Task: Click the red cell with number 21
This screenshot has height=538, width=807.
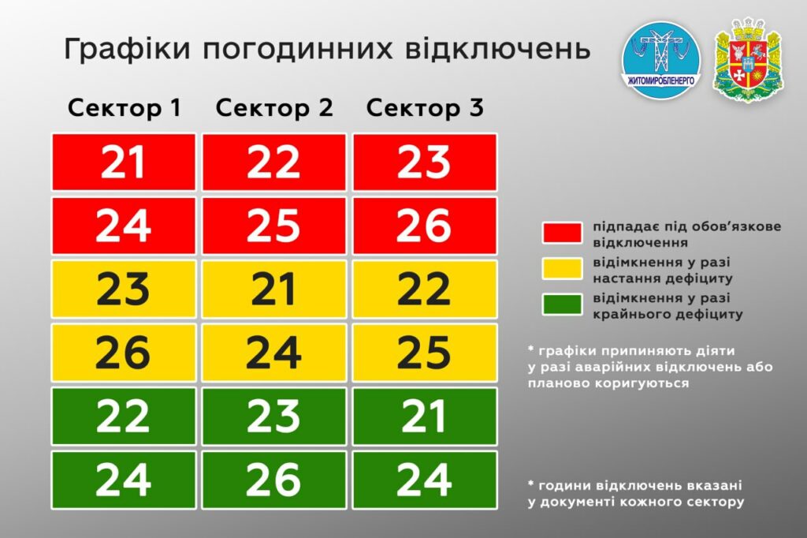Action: pos(124,163)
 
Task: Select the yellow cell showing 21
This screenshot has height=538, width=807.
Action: pos(273,289)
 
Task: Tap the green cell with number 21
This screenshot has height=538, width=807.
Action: pos(425,417)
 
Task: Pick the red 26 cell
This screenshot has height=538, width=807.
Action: pos(425,226)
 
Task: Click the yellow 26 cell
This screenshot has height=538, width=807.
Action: pos(124,353)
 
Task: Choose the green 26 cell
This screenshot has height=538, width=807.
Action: pos(273,480)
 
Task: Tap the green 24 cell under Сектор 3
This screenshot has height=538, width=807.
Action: pos(425,480)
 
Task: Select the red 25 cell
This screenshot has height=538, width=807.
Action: pos(273,226)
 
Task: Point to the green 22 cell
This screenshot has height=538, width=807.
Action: pos(124,417)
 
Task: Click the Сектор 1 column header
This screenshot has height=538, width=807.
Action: pos(124,108)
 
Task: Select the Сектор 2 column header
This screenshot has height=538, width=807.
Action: pos(274,108)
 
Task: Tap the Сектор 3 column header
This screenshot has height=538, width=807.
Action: pos(425,108)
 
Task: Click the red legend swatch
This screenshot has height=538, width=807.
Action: pos(562,233)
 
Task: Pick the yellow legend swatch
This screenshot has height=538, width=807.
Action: pos(562,268)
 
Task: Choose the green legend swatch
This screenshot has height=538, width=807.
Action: pos(562,304)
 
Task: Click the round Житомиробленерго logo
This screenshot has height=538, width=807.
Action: pos(661,58)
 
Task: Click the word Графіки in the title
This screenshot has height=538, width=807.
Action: pos(127,50)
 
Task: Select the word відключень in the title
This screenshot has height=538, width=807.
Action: pos(498,48)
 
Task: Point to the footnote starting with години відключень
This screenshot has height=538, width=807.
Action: pos(636,494)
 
